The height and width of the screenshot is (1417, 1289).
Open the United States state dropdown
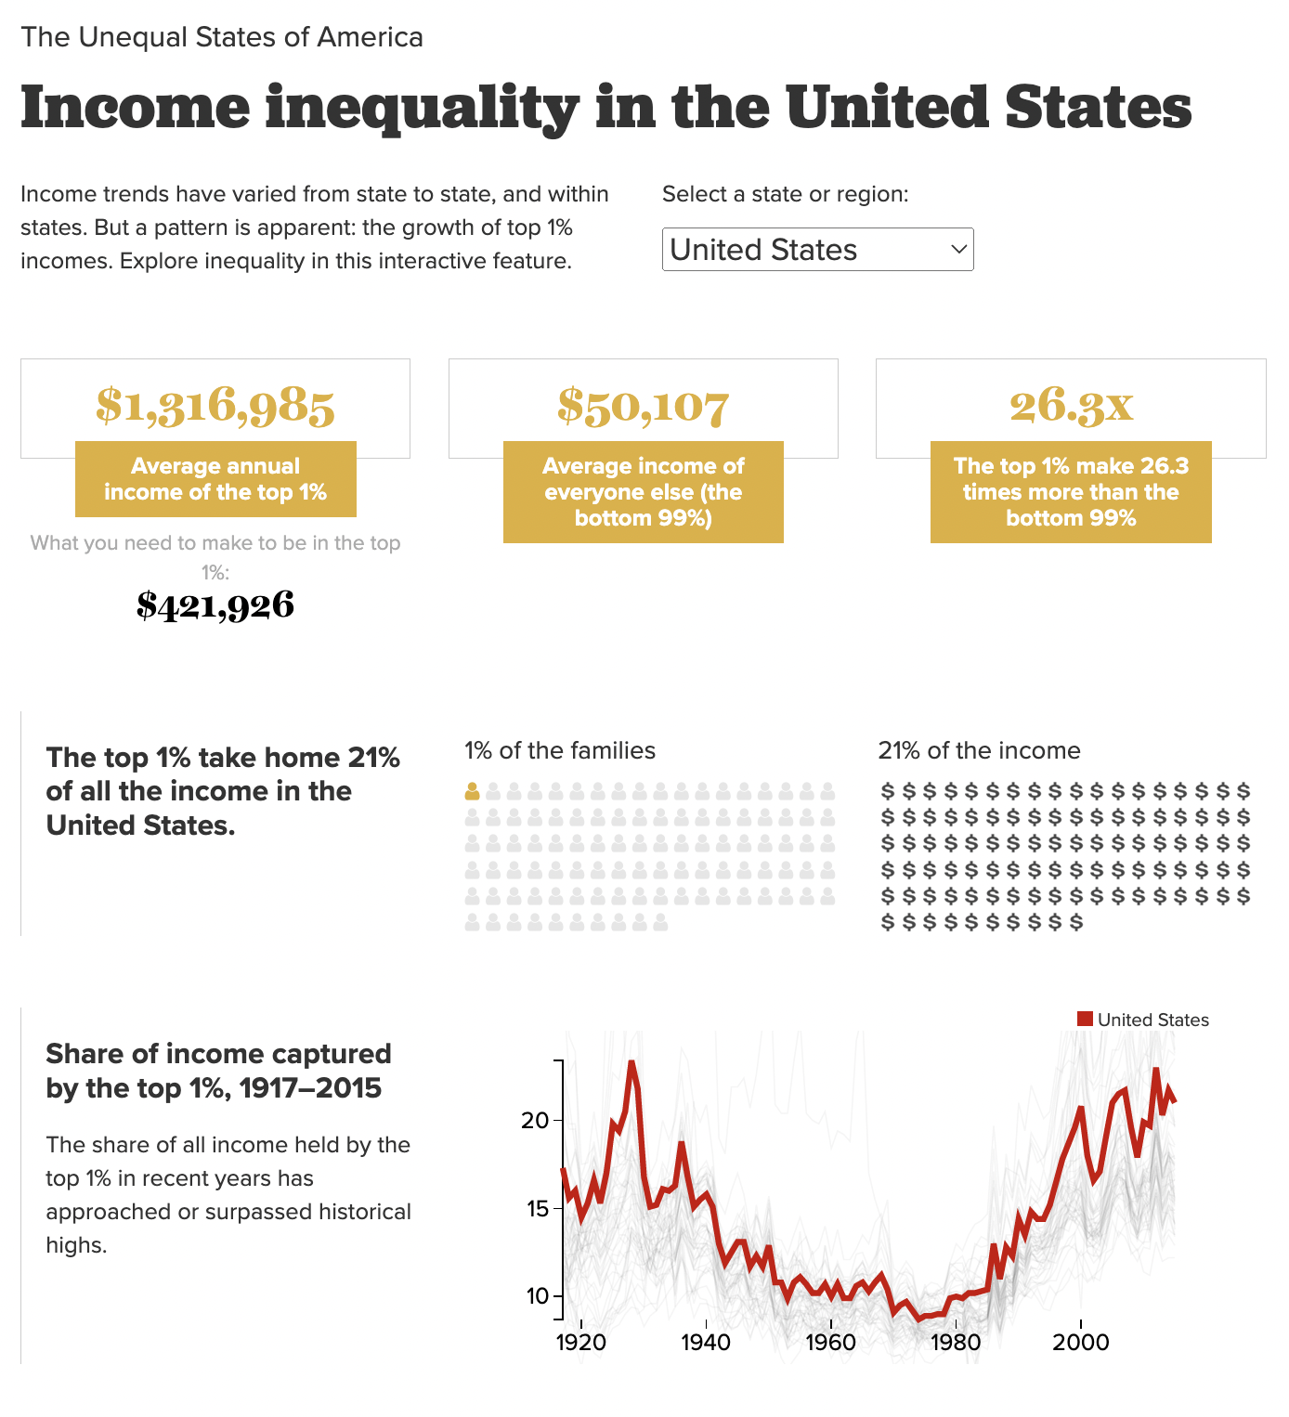coord(817,250)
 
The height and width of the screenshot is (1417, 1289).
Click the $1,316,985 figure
coord(215,406)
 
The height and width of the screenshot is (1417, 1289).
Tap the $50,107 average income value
coord(643,406)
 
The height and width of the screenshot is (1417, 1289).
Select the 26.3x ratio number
coord(1071,405)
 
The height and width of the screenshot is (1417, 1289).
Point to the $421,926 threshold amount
coord(215,605)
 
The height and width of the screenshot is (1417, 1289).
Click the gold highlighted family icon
coord(472,792)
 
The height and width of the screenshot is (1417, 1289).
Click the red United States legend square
coord(1085,1019)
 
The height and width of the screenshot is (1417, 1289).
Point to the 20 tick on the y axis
coord(536,1120)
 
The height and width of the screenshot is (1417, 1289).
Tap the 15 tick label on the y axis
coord(536,1208)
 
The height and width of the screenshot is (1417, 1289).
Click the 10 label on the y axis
coord(538,1296)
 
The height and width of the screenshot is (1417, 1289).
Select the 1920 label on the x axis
coord(581,1343)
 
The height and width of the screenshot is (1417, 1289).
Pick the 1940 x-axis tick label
coord(706,1343)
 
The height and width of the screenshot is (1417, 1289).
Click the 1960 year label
coord(831,1343)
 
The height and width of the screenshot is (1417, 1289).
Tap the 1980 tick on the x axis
coord(956,1343)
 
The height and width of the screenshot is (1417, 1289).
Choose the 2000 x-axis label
coord(1081,1343)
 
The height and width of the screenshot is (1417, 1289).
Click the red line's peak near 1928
coord(631,1064)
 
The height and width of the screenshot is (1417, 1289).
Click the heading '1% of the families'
coord(560,750)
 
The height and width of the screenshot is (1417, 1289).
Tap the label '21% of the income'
coord(979,750)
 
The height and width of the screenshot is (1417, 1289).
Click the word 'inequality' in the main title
coord(423,109)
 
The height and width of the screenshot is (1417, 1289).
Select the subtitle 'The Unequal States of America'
coord(222,37)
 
